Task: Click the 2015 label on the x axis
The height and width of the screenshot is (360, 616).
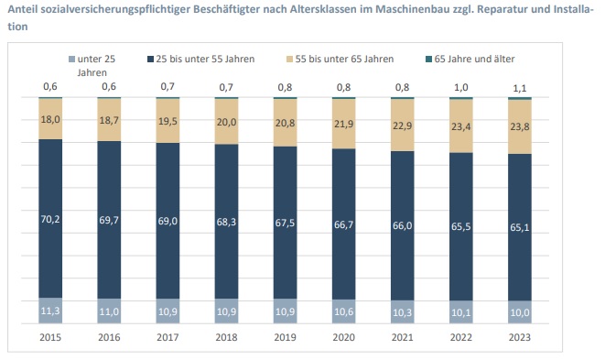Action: pos(50,337)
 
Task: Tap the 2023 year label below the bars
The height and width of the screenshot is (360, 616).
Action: pos(519,337)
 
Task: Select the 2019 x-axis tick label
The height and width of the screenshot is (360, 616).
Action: pos(285,337)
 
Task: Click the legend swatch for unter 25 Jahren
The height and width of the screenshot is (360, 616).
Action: pos(71,60)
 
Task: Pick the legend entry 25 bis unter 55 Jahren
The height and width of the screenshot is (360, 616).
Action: pos(201,59)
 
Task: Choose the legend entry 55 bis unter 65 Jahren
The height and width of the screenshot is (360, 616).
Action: pos(340,59)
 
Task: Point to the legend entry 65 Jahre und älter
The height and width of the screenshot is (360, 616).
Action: pos(470,59)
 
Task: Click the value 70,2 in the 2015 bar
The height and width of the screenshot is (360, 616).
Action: pos(50,219)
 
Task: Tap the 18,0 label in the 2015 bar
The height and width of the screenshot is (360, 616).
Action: pos(50,119)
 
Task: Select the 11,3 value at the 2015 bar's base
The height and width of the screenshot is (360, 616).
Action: pos(50,311)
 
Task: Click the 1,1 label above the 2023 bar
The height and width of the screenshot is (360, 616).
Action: pos(519,88)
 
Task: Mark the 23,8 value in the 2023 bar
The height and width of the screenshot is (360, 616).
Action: pos(519,126)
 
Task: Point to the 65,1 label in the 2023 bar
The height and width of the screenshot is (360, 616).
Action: pos(519,227)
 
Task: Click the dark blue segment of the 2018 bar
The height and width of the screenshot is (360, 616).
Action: pos(226,222)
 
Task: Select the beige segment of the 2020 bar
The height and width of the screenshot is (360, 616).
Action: pos(344,124)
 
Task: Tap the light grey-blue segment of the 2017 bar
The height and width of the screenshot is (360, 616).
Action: pos(168,311)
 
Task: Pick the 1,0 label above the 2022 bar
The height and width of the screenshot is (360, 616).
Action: pos(460,87)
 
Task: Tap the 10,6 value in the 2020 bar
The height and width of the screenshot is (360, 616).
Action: pos(344,311)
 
